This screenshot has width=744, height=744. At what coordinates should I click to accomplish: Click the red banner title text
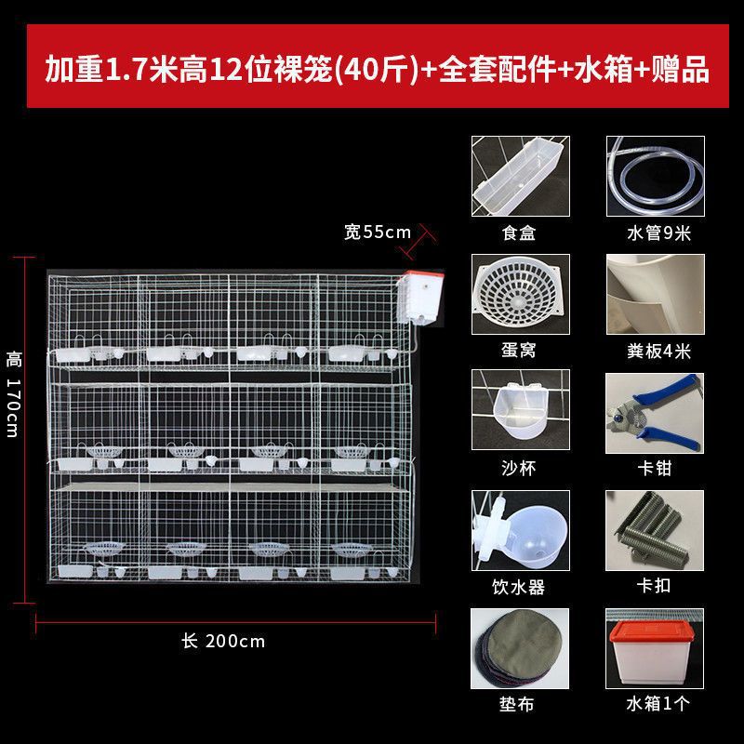click(x=378, y=69)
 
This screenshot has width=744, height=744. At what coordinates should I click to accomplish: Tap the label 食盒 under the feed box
click(x=519, y=233)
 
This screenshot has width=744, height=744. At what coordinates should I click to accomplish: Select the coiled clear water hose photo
click(x=656, y=176)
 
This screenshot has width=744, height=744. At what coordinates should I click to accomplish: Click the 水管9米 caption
click(x=658, y=233)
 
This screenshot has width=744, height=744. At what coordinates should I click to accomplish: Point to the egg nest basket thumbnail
click(x=521, y=294)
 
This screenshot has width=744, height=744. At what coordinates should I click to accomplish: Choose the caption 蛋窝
click(x=519, y=351)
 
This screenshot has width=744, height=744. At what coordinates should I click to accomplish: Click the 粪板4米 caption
click(x=658, y=352)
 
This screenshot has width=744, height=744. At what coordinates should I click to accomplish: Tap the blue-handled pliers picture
click(x=655, y=413)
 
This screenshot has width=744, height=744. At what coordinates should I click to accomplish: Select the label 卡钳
click(x=655, y=469)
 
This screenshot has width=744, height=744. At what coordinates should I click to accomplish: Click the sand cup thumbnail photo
click(x=521, y=410)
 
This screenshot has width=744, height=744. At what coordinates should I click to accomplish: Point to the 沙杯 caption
click(x=519, y=469)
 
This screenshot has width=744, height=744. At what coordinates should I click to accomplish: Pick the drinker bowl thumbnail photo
click(x=521, y=530)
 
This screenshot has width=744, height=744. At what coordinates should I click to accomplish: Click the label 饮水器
click(x=518, y=587)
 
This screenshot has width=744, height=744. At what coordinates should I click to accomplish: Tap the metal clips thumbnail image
click(x=655, y=530)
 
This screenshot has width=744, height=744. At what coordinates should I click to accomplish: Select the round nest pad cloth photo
click(x=520, y=648)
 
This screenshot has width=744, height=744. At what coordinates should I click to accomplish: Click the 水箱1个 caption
click(x=658, y=703)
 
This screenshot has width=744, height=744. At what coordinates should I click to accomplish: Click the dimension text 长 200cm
click(x=223, y=641)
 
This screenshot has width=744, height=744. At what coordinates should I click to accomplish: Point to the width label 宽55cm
click(x=378, y=232)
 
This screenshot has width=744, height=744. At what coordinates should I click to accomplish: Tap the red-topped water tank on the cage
click(x=420, y=298)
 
